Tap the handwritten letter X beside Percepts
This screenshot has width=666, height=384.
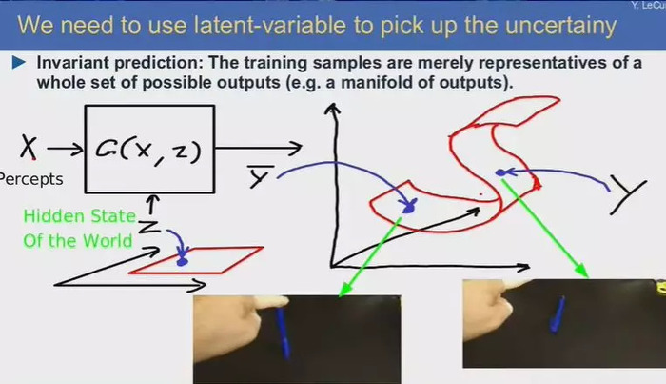click(x=29, y=147)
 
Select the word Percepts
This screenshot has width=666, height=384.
click(x=30, y=179)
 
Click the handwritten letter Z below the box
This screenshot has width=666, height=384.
click(x=148, y=227)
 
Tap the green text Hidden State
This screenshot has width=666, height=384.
click(x=79, y=216)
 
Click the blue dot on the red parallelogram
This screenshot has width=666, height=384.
click(x=183, y=260)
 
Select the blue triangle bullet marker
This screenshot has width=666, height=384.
click(x=19, y=63)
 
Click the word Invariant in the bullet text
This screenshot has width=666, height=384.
click(x=73, y=63)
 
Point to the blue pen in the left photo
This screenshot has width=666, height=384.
click(x=284, y=333)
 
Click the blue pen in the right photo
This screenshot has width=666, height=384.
click(x=557, y=313)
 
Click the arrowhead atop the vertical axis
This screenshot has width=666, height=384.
click(x=332, y=109)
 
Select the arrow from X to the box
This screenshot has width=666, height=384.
click(x=65, y=149)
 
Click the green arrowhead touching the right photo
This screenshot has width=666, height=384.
click(x=582, y=270)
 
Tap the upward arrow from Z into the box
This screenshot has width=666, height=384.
click(x=152, y=205)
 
